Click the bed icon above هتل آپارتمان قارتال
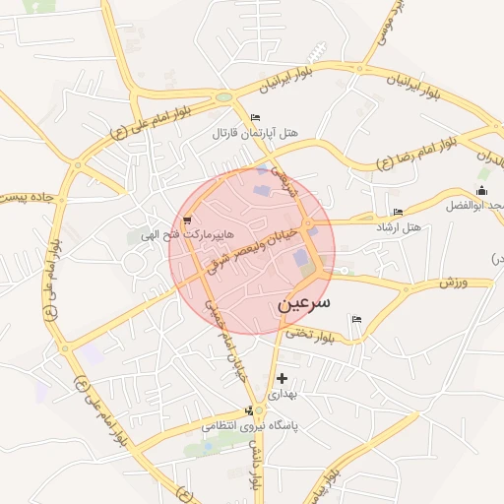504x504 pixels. [x=256, y=118]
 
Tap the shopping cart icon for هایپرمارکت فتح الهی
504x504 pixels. [x=187, y=220]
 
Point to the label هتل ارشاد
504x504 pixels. [x=398, y=226]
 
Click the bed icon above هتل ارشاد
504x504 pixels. [x=398, y=212]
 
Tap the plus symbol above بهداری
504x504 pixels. [x=283, y=378]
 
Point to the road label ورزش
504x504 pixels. [x=452, y=283]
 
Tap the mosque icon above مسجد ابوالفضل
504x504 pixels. [x=481, y=190]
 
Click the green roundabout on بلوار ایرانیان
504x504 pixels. [x=224, y=97]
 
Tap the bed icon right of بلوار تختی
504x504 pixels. [x=356, y=319]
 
